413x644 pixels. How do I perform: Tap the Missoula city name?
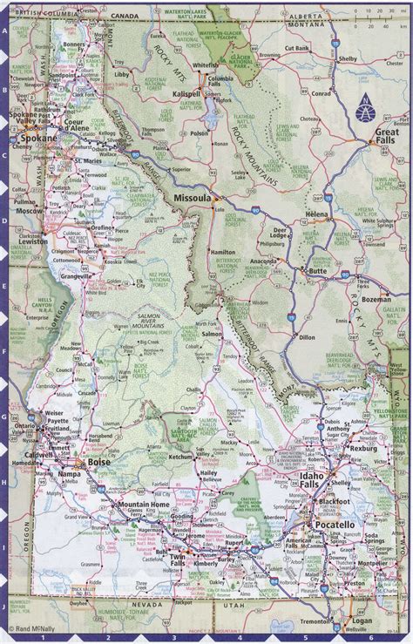tap(192, 199)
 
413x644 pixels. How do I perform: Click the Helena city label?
tap(316, 214)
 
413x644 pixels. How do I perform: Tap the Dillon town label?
tap(306, 336)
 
